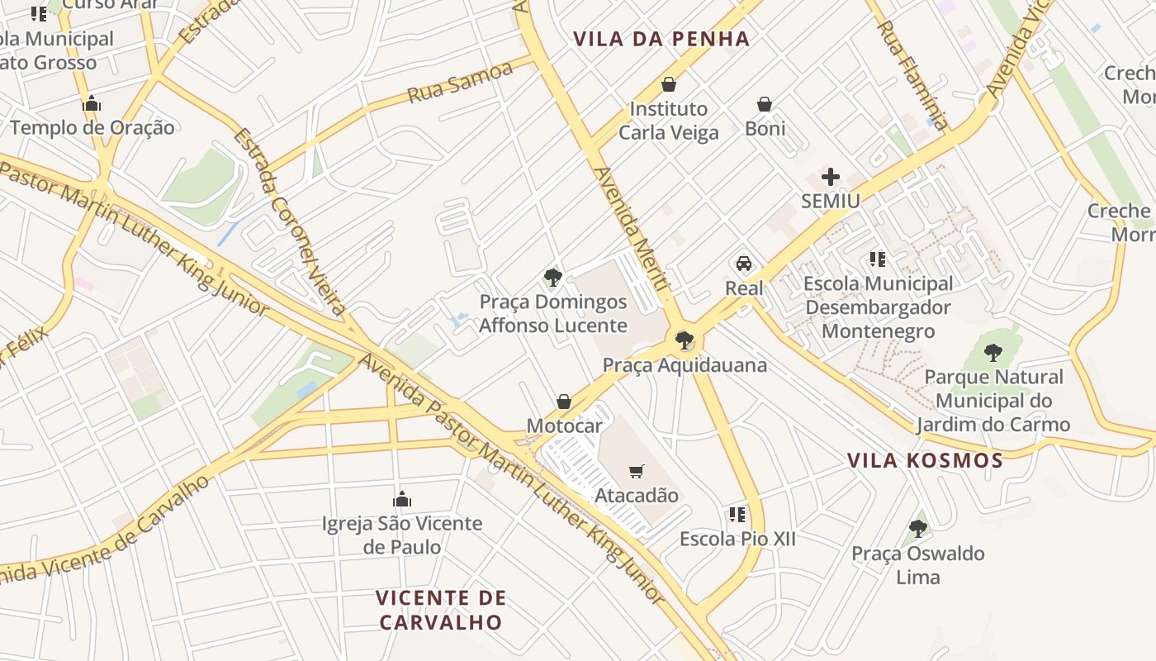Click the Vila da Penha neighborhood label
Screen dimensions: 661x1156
(661, 39)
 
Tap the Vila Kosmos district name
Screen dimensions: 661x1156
(925, 460)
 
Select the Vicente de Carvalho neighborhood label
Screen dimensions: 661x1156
(440, 609)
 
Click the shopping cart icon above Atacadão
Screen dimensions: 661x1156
(636, 472)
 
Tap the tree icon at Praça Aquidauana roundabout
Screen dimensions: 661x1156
(684, 340)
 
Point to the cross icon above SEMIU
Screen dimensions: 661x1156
(831, 177)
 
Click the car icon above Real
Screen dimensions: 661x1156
(744, 264)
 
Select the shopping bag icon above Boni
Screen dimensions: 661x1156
(765, 105)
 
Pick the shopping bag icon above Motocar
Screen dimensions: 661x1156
(564, 402)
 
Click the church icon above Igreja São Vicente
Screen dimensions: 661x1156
(402, 499)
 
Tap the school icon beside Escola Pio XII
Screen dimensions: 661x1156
(737, 515)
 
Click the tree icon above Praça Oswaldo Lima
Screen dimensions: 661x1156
(917, 529)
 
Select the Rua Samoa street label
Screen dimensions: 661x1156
(460, 83)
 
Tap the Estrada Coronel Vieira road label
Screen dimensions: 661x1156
(289, 221)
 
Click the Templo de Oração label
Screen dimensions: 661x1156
(92, 127)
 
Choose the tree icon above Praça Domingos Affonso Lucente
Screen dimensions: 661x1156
(552, 278)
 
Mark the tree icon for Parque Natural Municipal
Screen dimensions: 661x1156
(993, 353)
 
